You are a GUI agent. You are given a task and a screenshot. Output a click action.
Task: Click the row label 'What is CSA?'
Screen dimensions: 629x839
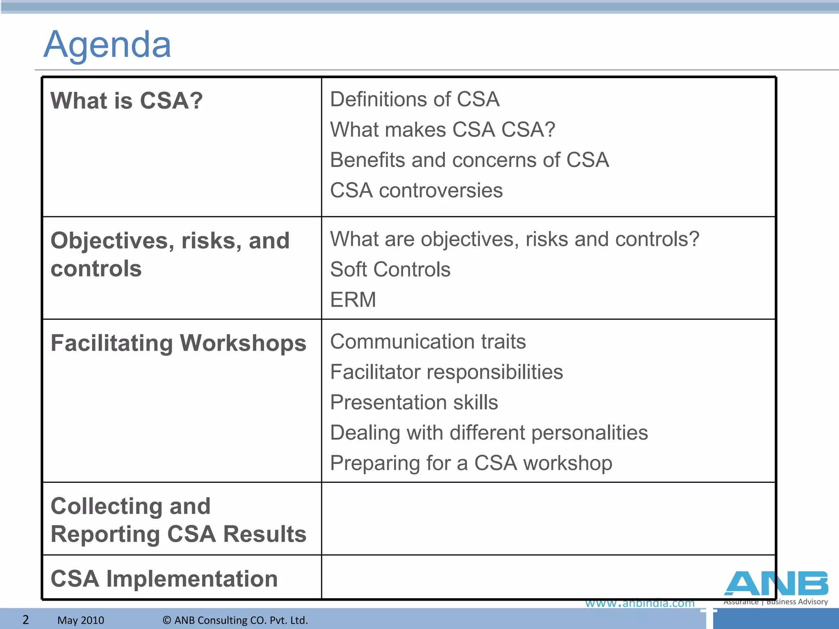pos(127,101)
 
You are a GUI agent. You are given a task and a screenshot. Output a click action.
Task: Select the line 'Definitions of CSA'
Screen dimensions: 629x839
pos(415,100)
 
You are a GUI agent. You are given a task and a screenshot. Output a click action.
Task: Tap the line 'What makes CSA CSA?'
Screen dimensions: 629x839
pos(442,130)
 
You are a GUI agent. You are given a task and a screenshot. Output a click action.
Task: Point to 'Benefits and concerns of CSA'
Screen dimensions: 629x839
pos(469,160)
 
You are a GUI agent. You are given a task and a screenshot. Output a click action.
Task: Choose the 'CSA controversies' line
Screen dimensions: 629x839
pos(416,190)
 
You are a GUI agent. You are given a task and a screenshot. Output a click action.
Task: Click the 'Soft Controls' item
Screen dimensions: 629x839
pos(390,269)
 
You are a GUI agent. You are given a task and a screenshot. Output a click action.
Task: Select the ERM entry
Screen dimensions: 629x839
pos(353,300)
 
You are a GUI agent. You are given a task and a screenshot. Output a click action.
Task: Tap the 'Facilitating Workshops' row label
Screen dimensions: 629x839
pos(178,343)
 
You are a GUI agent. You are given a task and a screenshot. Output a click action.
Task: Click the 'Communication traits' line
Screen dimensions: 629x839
pos(428,342)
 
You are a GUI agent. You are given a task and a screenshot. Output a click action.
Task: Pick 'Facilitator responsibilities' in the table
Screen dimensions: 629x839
pos(446,372)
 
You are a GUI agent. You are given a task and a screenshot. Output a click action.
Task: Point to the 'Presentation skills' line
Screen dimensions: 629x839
pos(414,403)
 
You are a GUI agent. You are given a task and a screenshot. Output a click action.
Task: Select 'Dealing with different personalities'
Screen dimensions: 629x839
pos(489,433)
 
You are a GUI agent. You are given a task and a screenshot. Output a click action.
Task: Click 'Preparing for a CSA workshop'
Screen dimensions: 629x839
pos(471,463)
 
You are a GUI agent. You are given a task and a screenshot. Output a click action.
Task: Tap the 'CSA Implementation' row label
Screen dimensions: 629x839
pos(164,579)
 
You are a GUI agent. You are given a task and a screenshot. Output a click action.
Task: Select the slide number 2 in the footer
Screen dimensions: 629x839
pos(25,620)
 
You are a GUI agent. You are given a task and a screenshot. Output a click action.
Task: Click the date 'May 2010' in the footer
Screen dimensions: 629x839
pos(81,620)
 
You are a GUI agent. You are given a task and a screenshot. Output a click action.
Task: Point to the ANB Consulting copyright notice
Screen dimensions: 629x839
pos(235,620)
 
